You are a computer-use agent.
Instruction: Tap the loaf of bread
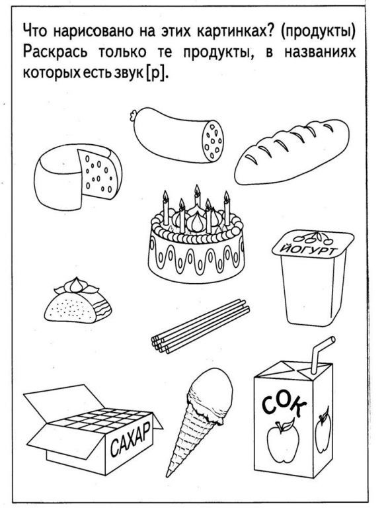pos(291,151)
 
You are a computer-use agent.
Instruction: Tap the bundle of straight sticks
pos(200,326)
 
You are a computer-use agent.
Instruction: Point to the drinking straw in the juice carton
pos(320,355)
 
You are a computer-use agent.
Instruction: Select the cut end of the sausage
pos(213,141)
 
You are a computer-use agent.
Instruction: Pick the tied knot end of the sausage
pos(132,115)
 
